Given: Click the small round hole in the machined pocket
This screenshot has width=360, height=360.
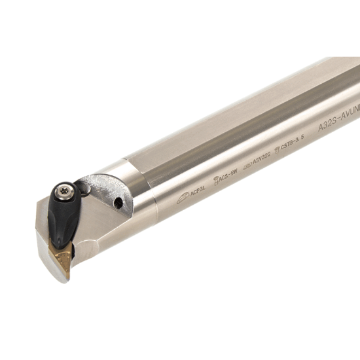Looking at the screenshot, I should (118, 204).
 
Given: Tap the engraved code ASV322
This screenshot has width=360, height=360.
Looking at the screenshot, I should (261, 165).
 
